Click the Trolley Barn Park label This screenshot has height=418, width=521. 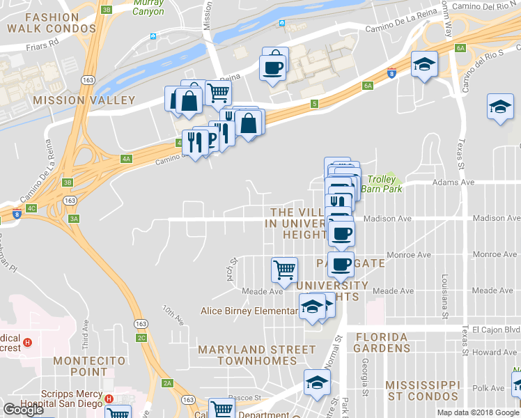pos(385,184)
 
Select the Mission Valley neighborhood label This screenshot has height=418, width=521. pos(84,100)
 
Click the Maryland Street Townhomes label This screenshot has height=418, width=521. pos(256,355)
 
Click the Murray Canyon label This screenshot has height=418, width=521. pos(148,8)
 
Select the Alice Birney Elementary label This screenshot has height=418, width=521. pos(249,311)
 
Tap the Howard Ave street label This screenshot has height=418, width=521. pos(495,353)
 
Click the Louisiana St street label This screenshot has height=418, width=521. pos(444,297)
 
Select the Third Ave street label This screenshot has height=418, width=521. pos(85,335)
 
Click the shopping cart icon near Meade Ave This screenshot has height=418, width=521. pos(283,268)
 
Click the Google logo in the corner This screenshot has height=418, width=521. pos(23,410)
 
